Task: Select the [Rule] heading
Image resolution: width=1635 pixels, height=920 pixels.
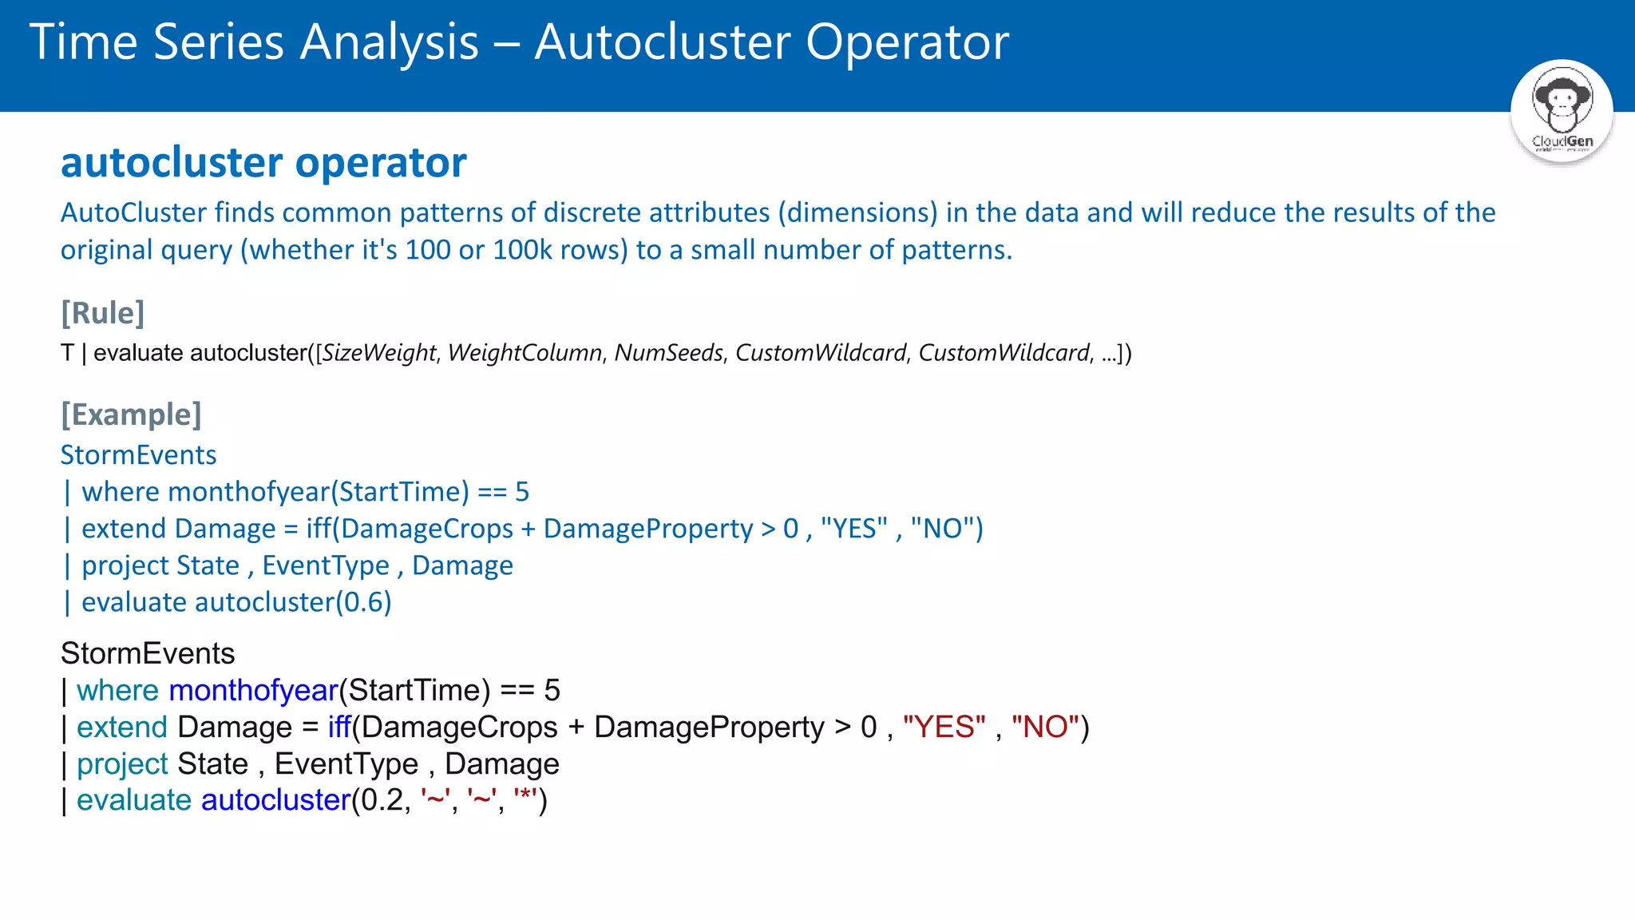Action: click(x=103, y=313)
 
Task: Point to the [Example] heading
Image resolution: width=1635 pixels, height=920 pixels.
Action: click(x=132, y=414)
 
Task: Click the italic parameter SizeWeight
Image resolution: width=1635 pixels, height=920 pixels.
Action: click(x=379, y=353)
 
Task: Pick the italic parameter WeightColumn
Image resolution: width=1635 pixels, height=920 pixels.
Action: click(x=525, y=353)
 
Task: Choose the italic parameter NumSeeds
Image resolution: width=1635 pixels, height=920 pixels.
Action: click(x=668, y=353)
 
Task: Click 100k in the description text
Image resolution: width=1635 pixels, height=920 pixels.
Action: click(x=522, y=250)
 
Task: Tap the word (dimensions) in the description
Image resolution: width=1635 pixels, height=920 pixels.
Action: click(x=857, y=212)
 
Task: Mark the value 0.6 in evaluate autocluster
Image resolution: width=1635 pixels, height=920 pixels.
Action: click(x=363, y=602)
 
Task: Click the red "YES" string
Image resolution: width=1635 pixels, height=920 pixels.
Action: click(x=944, y=728)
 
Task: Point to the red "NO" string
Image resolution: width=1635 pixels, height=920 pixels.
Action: click(x=1045, y=728)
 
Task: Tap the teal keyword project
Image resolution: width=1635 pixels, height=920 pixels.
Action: click(x=122, y=764)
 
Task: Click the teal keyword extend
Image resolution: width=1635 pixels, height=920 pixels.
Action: click(x=121, y=728)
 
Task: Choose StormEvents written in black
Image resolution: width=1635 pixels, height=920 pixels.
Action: click(x=148, y=654)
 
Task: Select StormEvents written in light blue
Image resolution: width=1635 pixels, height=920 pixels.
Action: click(x=139, y=455)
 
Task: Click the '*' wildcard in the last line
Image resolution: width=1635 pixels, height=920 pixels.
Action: click(x=525, y=799)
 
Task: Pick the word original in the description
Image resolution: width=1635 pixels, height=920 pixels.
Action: click(x=106, y=250)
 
